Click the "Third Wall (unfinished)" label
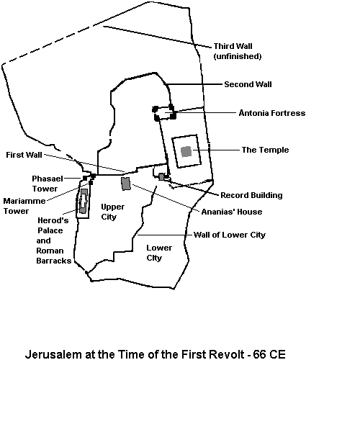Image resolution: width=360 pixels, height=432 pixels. point(238,51)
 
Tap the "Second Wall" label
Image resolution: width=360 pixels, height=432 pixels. point(248,84)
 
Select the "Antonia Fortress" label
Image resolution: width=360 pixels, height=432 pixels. point(272,113)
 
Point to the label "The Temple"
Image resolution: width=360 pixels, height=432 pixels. point(265,150)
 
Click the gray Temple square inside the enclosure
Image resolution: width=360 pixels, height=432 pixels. point(186,151)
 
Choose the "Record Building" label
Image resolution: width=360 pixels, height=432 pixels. point(251,195)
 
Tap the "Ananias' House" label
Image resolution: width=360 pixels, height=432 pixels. point(232,212)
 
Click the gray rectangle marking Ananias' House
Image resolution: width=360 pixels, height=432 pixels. point(126,184)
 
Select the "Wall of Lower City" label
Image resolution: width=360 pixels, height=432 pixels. point(230,235)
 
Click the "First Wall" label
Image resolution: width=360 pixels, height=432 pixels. point(24,155)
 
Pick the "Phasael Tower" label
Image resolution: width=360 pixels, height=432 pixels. point(48,184)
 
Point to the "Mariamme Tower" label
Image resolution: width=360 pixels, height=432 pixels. point(24,206)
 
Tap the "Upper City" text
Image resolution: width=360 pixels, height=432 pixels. point(112,212)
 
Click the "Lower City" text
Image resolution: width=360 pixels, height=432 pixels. point(159,253)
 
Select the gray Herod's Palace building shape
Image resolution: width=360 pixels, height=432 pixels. point(84,201)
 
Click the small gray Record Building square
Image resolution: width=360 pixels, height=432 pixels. point(161,177)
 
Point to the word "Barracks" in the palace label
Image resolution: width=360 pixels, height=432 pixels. point(54,261)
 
